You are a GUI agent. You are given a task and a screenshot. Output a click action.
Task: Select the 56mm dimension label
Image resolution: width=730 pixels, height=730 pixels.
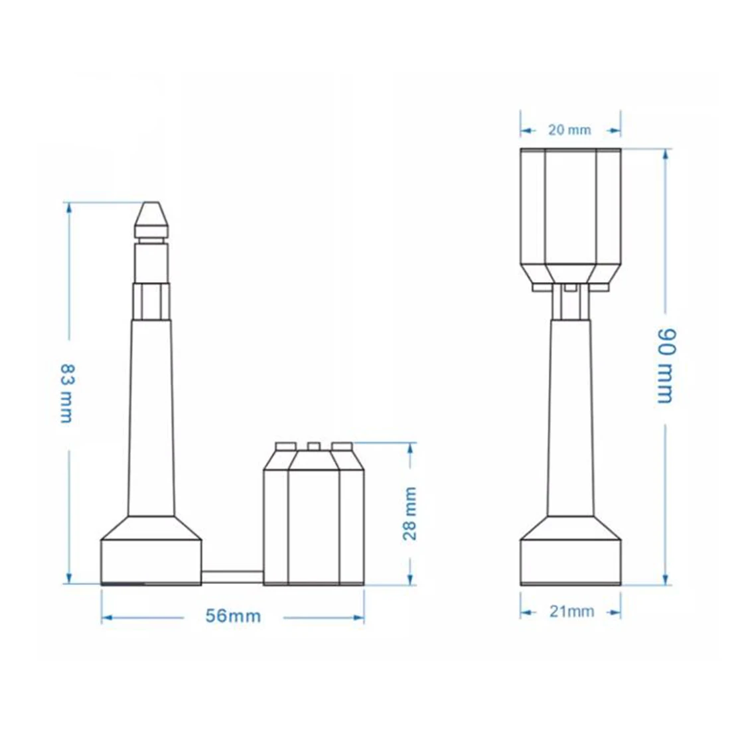click(233, 616)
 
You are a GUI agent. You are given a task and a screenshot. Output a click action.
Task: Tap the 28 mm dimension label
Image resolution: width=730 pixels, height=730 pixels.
click(409, 513)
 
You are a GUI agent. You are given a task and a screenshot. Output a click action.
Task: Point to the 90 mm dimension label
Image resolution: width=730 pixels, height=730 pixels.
click(665, 366)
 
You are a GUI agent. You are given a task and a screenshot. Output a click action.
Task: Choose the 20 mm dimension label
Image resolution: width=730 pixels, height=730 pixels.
click(569, 130)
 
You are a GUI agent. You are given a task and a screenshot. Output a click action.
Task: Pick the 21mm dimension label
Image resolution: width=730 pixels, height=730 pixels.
click(571, 611)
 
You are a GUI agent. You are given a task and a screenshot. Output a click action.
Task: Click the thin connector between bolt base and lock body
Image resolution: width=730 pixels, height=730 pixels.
click(232, 578)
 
